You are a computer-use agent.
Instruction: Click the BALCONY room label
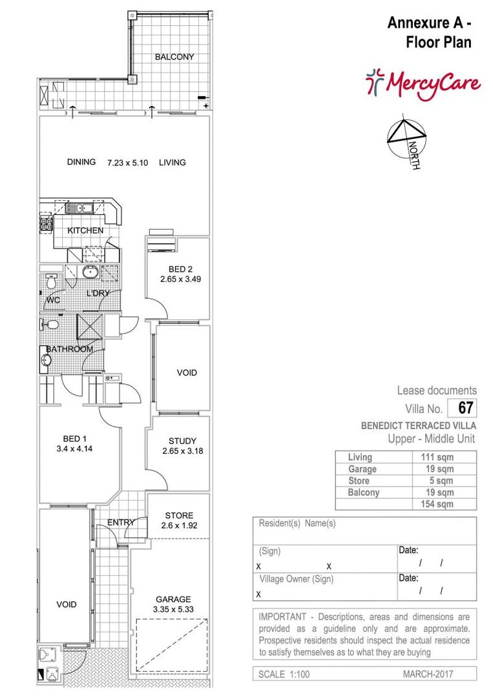point(174,57)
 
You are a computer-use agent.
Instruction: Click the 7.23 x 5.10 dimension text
point(127,163)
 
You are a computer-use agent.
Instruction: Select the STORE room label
point(179,516)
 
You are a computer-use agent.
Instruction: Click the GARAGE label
point(173,599)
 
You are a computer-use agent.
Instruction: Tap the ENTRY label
point(120,522)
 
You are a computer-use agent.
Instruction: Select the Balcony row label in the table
point(364,492)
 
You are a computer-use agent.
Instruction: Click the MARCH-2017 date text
point(428,674)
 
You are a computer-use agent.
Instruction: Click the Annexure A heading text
point(428,24)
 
